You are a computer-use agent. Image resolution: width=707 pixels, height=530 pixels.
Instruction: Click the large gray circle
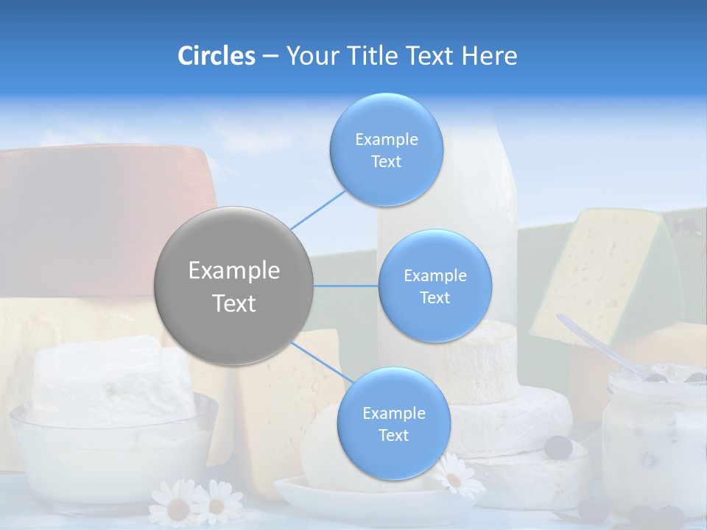[x=234, y=286]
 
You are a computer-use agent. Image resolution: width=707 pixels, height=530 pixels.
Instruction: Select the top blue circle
[x=386, y=149]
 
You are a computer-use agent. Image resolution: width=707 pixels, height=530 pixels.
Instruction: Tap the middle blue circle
[x=435, y=286]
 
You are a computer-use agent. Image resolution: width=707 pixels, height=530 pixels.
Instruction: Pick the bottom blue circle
[x=393, y=423]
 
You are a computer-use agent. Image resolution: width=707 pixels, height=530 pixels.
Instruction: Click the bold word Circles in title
[x=216, y=55]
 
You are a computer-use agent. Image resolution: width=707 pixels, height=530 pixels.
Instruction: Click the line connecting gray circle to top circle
[x=317, y=209]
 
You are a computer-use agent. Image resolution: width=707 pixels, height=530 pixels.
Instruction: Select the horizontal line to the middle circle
[x=345, y=286]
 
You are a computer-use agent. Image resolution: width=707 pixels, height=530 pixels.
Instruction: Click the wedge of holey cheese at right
[x=604, y=272]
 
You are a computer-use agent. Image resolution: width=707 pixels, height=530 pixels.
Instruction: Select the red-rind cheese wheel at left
[x=103, y=213]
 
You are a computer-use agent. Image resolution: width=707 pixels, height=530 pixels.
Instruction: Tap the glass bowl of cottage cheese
[x=110, y=442]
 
